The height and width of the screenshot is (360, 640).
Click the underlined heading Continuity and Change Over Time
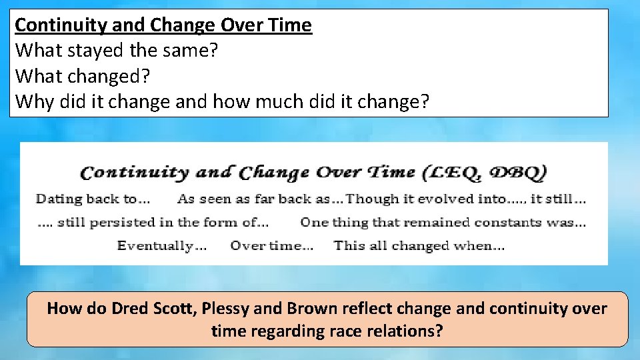163,25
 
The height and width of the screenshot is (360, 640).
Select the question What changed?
83,75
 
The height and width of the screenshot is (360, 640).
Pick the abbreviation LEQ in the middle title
452,172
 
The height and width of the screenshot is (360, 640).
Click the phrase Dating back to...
93,199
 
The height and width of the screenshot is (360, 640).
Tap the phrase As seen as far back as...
260,199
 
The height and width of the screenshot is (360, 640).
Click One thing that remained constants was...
443,222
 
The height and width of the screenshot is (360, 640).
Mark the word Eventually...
162,245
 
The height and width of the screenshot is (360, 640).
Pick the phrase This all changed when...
419,245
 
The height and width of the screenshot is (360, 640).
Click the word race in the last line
339,331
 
